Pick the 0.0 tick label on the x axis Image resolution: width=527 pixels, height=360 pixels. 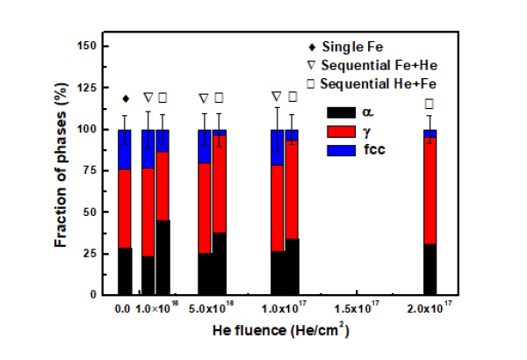[123, 309]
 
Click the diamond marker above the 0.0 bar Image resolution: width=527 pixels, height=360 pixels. [126, 98]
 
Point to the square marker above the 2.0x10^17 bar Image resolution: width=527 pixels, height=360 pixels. [430, 104]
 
